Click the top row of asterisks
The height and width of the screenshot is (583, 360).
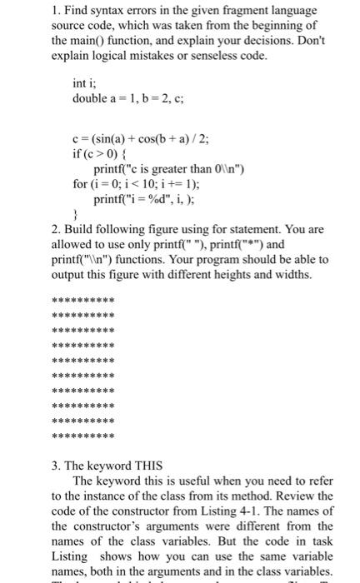[83, 301]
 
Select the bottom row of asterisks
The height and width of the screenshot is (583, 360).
[83, 436]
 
